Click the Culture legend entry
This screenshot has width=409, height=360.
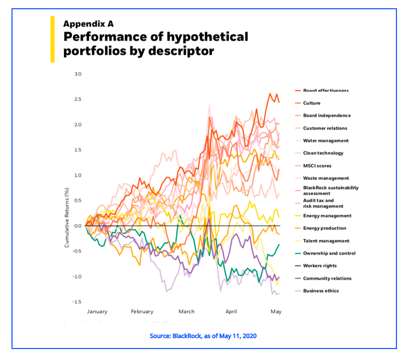(312, 103)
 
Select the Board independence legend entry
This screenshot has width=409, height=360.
(327, 115)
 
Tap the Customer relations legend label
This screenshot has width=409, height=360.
(325, 128)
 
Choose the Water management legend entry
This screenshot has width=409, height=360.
(326, 140)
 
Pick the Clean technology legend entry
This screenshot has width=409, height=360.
(323, 153)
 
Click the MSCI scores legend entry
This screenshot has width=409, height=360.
(317, 166)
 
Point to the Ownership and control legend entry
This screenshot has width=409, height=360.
(329, 253)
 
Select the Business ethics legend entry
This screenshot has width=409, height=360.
(321, 291)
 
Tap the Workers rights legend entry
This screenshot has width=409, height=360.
(320, 266)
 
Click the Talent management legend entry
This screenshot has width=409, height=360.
(326, 241)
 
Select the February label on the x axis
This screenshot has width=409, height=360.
(141, 311)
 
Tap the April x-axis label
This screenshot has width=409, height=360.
(232, 311)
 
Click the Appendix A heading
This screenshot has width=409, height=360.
(88, 23)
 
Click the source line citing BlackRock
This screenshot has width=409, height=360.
(203, 336)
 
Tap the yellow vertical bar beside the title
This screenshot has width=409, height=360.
(52, 39)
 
